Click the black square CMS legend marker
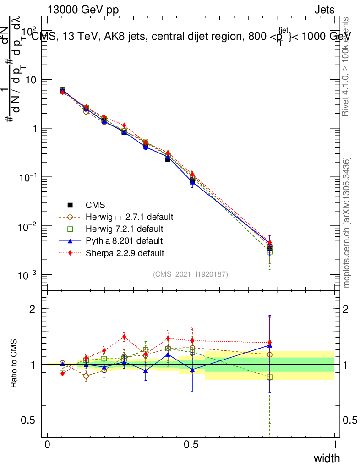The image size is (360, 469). (70, 205)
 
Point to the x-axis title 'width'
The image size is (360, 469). (327, 458)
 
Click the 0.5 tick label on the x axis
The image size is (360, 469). (191, 445)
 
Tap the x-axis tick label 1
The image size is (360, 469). (335, 445)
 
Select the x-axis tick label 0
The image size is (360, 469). (48, 445)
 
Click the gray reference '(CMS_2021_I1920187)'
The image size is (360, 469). (191, 274)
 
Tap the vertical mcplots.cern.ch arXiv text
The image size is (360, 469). (347, 223)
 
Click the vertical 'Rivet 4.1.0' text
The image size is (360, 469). (347, 66)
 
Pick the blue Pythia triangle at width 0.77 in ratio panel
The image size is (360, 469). (270, 343)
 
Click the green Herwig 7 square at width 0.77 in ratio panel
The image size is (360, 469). (270, 377)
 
